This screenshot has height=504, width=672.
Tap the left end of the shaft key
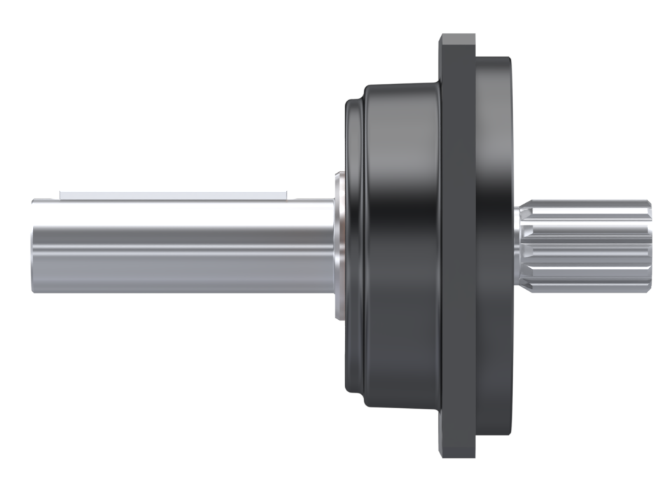[62, 192]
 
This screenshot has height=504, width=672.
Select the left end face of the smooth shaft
[34, 245]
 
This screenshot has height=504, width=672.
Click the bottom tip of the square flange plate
[458, 454]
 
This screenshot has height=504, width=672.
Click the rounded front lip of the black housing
[354, 245]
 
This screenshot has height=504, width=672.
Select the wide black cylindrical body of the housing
[402, 245]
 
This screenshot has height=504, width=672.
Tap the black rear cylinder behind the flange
[493, 245]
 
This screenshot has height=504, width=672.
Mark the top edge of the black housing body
[402, 85]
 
